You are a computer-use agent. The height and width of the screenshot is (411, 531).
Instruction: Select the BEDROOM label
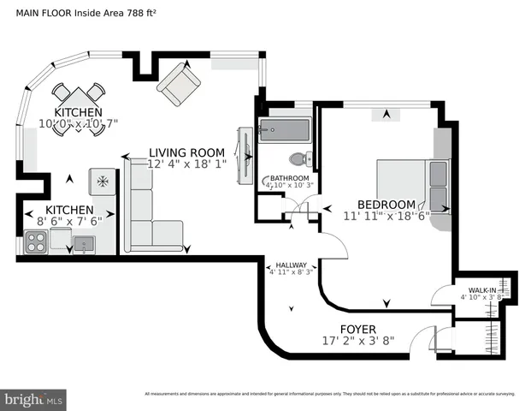coord(386,205)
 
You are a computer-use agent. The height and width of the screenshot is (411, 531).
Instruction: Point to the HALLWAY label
coord(291,265)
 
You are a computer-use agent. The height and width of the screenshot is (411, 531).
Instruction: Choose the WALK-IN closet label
coord(479,290)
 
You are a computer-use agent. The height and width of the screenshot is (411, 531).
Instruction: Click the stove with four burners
coord(37,243)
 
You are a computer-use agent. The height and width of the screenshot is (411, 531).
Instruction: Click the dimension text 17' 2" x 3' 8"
coord(358,341)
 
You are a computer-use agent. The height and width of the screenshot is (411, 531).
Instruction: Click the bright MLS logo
coord(34,399)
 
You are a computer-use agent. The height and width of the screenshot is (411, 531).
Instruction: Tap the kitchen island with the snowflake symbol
coord(102,182)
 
